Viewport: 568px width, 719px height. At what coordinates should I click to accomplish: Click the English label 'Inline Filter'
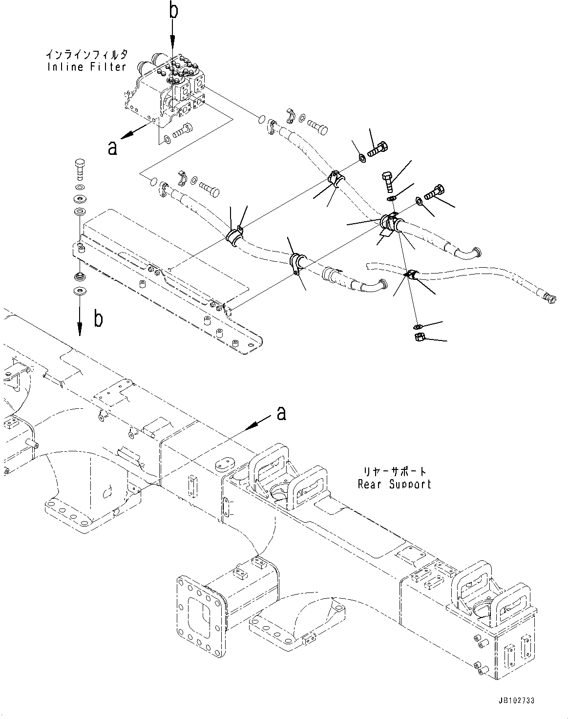click(x=87, y=67)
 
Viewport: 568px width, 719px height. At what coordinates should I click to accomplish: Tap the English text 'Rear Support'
click(x=394, y=484)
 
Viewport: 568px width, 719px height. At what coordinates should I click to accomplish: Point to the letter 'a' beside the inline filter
click(x=113, y=147)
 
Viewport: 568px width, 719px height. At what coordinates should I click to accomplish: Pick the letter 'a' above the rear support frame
click(x=281, y=414)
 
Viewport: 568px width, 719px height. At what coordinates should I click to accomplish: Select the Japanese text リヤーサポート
click(x=394, y=472)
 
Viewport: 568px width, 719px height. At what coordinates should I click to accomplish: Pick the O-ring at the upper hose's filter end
click(x=262, y=118)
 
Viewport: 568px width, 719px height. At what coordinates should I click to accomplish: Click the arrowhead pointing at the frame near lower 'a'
click(x=252, y=426)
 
